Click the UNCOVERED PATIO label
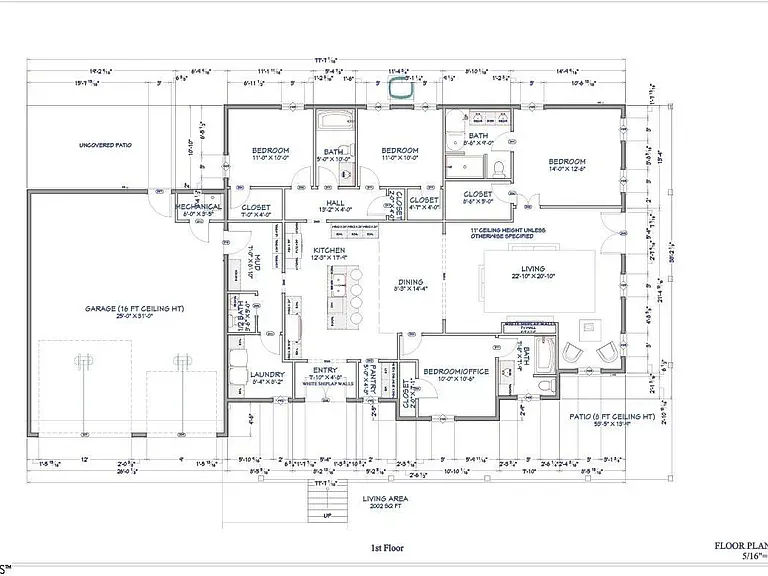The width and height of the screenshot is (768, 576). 105,145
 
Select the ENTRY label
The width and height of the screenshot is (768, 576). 324,367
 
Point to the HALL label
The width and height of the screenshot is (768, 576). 329,203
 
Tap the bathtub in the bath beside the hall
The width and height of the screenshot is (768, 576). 331,128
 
